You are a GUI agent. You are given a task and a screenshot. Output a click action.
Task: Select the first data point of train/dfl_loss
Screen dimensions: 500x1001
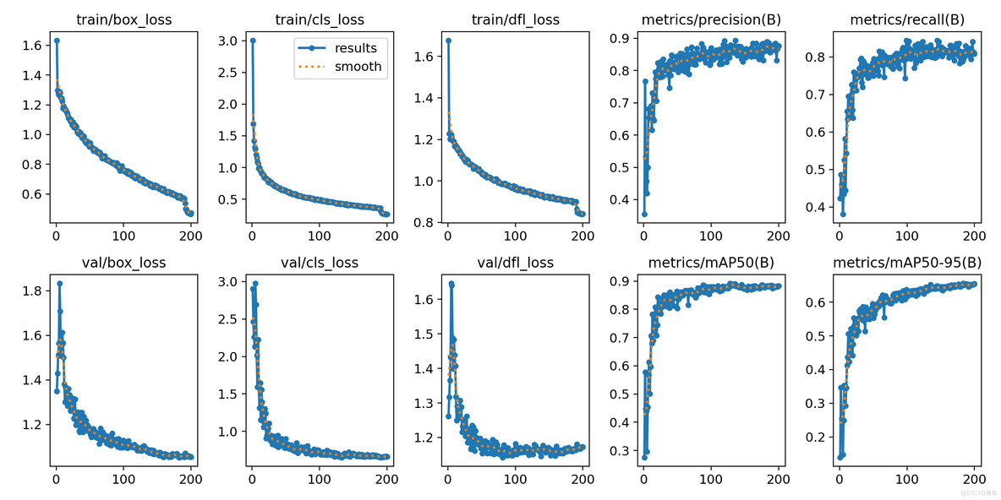click(x=448, y=40)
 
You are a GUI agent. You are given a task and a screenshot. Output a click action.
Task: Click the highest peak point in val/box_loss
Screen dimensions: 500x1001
click(x=60, y=283)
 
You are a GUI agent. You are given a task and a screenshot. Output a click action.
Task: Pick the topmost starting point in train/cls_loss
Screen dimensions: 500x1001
click(x=252, y=40)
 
